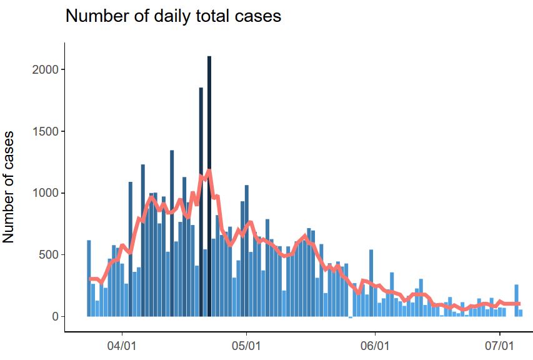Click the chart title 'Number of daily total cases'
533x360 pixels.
point(173,16)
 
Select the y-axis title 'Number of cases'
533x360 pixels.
point(9,187)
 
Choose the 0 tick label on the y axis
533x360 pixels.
point(55,317)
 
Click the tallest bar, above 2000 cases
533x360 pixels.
point(209,187)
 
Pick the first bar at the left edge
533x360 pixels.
point(89,278)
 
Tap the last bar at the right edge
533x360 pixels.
point(521,313)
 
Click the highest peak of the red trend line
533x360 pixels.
point(209,170)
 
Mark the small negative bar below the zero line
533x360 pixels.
point(351,317)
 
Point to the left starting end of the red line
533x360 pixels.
point(89,279)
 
